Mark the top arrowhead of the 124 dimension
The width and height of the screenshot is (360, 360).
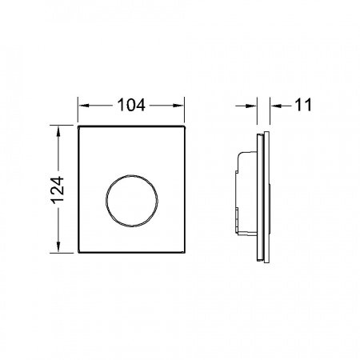pos(58,127)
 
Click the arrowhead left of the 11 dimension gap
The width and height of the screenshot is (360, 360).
pos(255,104)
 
